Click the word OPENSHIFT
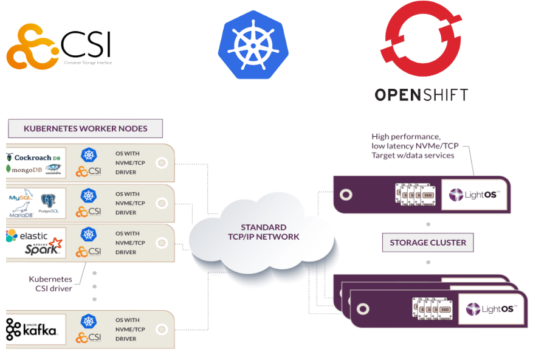(x=421, y=94)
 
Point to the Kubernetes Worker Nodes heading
(x=85, y=128)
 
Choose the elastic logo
(x=27, y=235)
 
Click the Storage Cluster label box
(x=428, y=242)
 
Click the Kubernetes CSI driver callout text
(x=50, y=283)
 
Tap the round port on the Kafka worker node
(x=161, y=329)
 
